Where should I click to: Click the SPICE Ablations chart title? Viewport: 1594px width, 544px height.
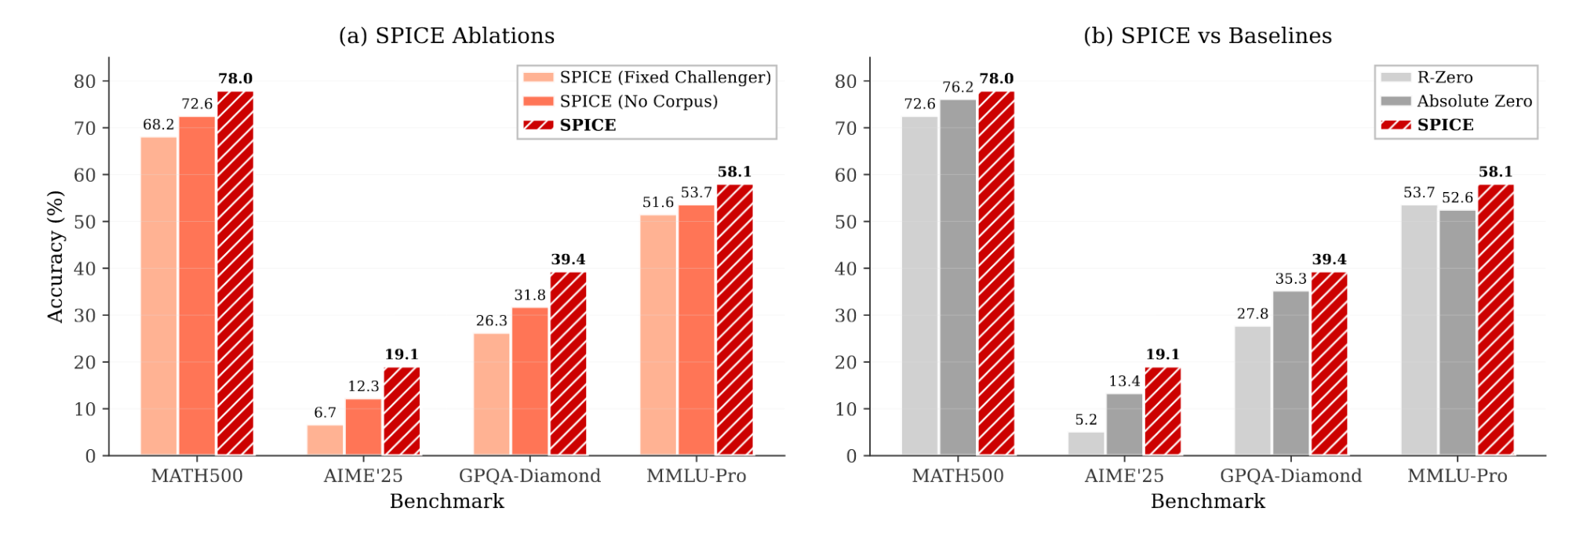[x=446, y=36]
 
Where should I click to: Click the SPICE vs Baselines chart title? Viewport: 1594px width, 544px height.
[x=1207, y=36]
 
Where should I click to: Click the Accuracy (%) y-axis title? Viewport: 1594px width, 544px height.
[x=55, y=256]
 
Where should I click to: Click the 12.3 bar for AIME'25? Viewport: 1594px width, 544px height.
[x=363, y=427]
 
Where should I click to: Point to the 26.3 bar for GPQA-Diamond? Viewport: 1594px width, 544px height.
[x=491, y=394]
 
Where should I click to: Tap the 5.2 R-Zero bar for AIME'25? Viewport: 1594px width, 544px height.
[x=1086, y=444]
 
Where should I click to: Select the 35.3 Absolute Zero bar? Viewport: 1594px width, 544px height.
[x=1290, y=373]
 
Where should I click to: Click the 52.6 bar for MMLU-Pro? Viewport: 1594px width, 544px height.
[x=1457, y=332]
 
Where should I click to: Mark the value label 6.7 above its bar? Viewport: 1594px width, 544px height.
[x=325, y=412]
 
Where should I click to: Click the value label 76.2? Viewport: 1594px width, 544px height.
[x=957, y=87]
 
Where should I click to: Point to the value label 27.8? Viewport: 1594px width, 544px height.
[x=1252, y=314]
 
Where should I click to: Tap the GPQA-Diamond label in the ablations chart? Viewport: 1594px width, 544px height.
[x=530, y=476]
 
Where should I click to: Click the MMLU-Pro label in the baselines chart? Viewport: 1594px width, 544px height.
[x=1457, y=476]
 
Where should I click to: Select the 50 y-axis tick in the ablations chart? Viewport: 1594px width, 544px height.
[x=85, y=222]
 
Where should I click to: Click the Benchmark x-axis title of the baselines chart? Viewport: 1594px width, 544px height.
[x=1207, y=502]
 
